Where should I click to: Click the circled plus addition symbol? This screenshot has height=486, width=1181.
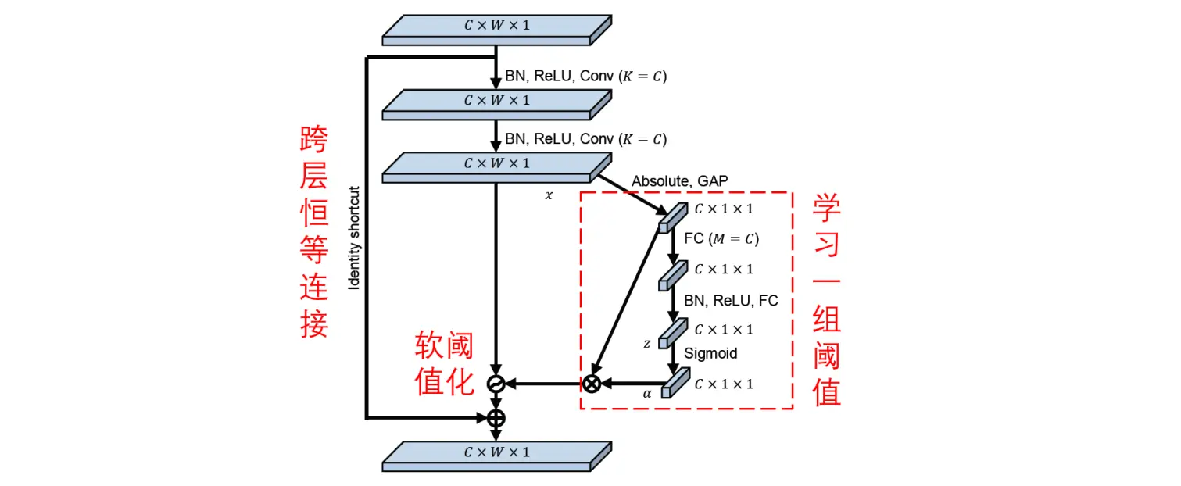496,417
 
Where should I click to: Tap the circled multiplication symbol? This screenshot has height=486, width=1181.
592,384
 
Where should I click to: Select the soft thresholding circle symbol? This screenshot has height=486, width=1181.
496,384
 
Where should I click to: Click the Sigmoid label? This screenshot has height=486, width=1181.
710,353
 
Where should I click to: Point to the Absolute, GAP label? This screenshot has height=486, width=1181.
679,181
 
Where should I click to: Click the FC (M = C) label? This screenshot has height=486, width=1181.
721,239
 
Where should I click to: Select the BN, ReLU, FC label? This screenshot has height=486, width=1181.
731,301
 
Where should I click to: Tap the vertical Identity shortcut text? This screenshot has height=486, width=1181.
354,238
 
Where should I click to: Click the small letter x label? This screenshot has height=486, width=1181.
549,195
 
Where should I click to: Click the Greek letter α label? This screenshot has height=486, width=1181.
647,394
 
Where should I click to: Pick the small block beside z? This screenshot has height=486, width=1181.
672,331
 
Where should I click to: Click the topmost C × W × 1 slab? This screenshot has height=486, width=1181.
496,28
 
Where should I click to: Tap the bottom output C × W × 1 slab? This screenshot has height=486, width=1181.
496,455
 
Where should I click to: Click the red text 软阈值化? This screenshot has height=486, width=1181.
445,362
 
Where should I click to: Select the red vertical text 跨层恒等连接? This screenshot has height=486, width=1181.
314,232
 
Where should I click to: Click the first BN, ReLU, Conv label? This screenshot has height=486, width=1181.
585,77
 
